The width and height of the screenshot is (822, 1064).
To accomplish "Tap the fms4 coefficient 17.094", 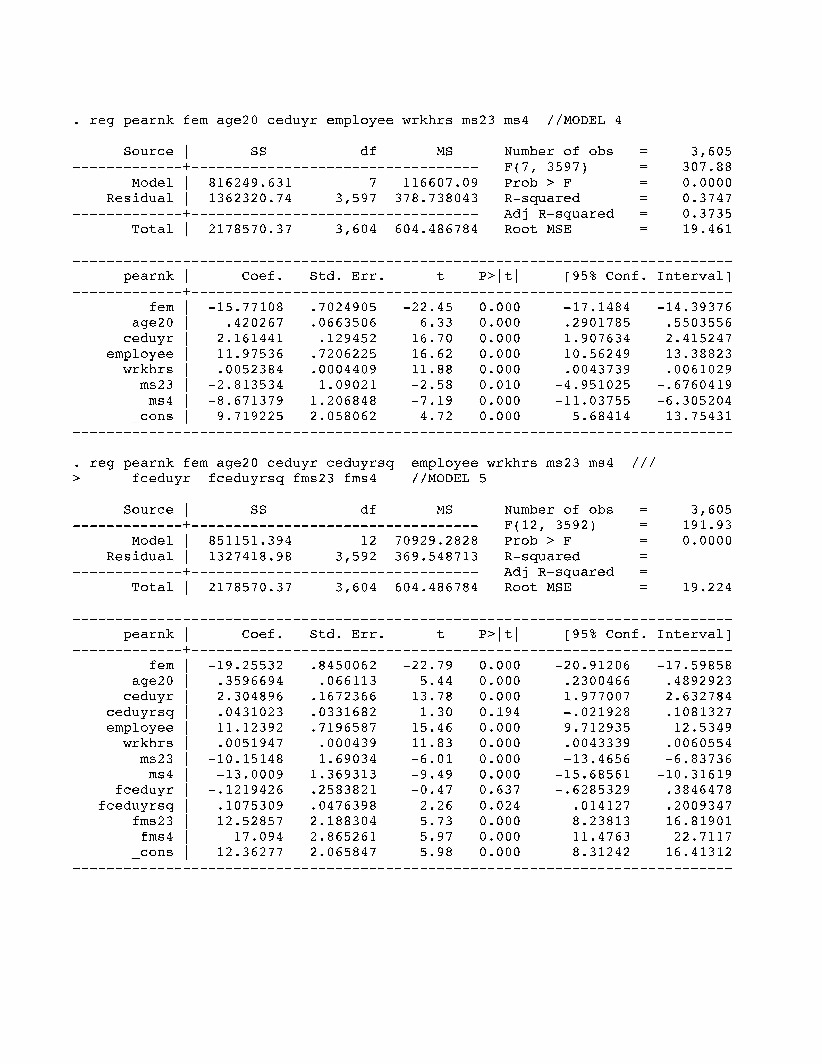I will (x=258, y=837).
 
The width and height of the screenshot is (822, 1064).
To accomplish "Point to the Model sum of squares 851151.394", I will (x=250, y=541).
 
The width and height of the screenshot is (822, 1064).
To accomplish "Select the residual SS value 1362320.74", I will (x=250, y=198).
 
